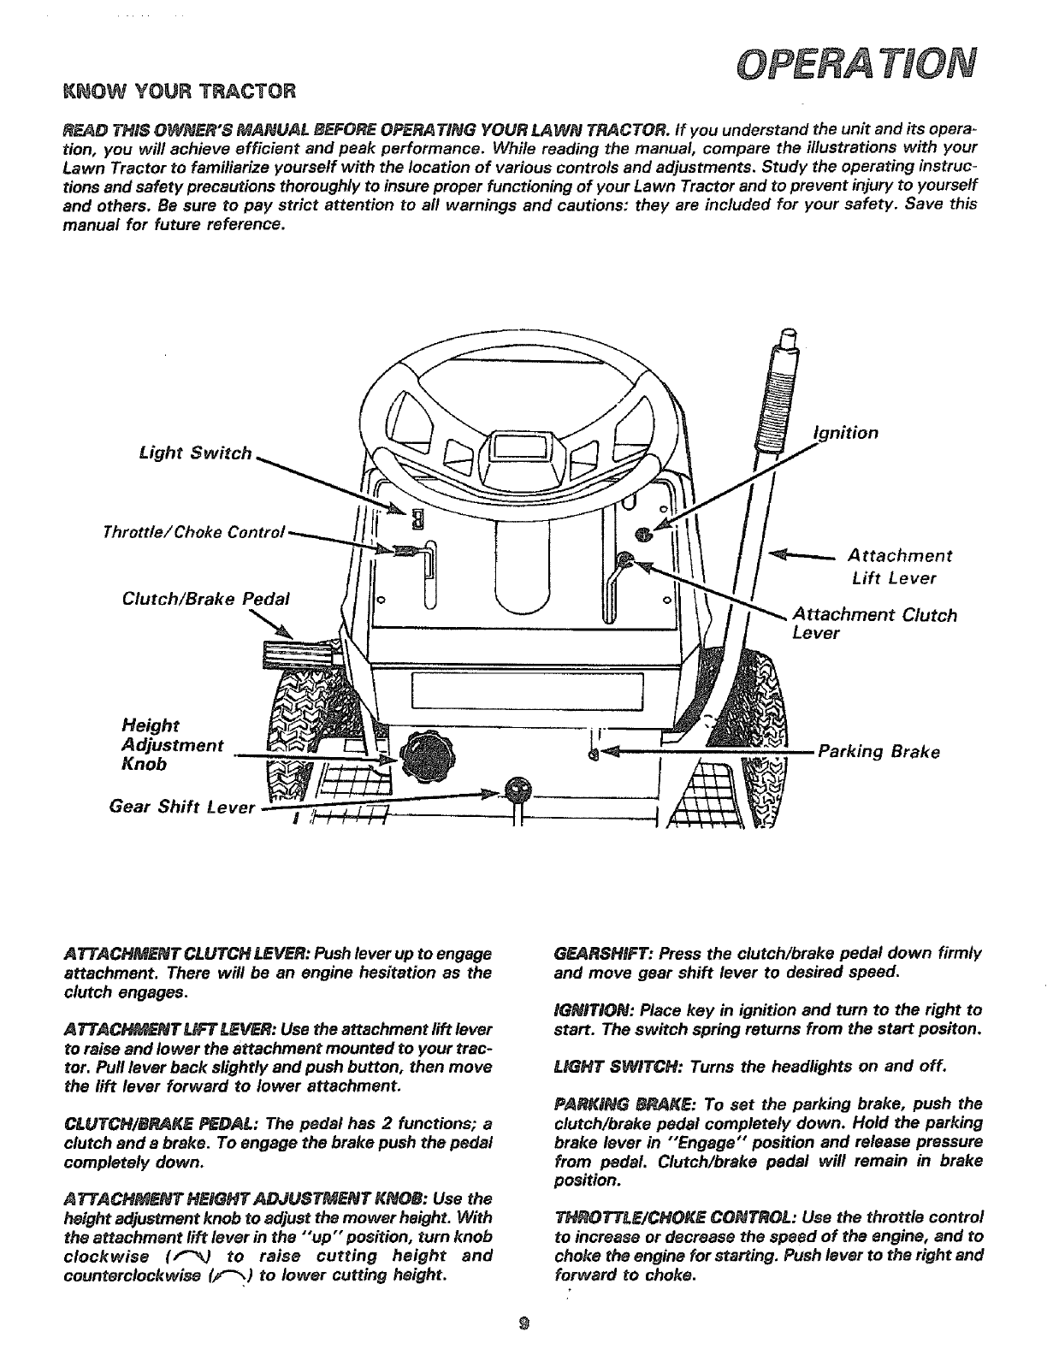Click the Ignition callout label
pyautogui.click(x=845, y=433)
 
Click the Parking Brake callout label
pyautogui.click(x=879, y=753)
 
